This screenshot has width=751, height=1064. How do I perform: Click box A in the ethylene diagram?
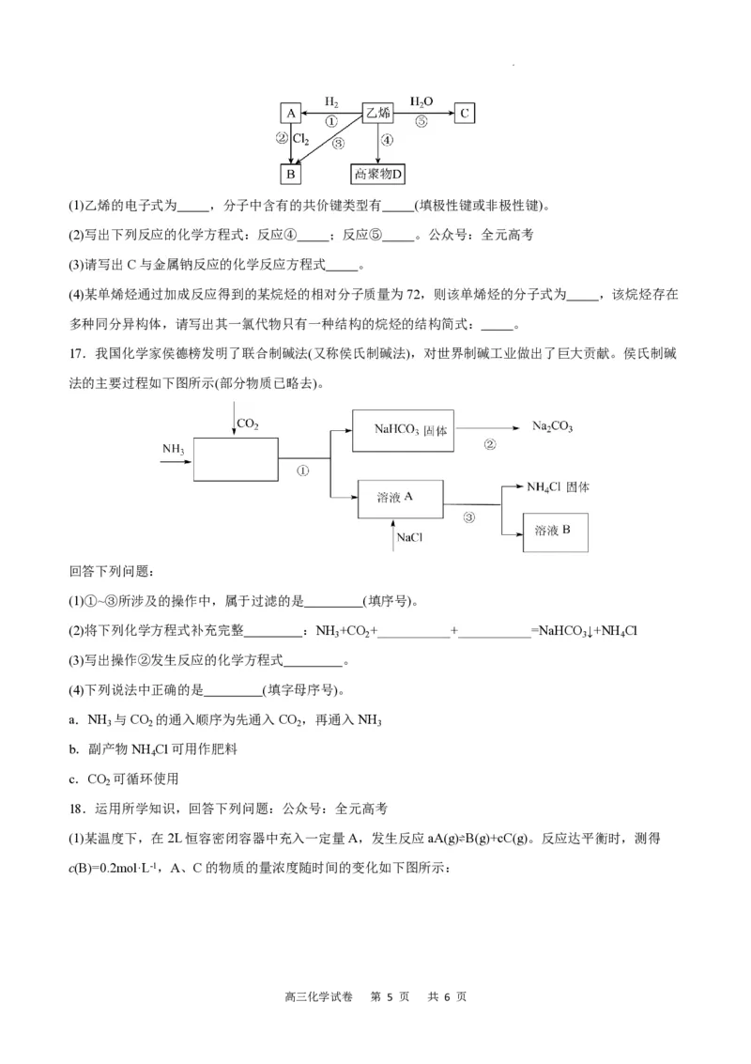291,114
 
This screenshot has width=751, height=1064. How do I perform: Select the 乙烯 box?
377,114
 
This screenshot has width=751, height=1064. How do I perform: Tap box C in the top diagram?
464,114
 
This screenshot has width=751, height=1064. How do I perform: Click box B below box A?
291,174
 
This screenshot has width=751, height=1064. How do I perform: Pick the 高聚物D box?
377,174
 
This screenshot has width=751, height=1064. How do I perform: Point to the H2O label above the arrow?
421,100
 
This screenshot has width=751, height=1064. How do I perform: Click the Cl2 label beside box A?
301,138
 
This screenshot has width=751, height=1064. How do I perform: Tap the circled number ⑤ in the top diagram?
421,122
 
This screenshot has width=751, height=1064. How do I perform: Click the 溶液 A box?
400,498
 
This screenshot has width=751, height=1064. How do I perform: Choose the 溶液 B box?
556,532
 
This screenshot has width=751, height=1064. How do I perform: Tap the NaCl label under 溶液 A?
408,538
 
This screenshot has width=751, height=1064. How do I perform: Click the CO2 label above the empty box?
248,424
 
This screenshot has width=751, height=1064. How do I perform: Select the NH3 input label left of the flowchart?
173,450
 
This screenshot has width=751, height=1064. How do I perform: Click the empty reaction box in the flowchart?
236,460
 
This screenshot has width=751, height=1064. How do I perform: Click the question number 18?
77,808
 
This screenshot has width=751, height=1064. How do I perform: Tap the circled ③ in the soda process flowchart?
468,517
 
